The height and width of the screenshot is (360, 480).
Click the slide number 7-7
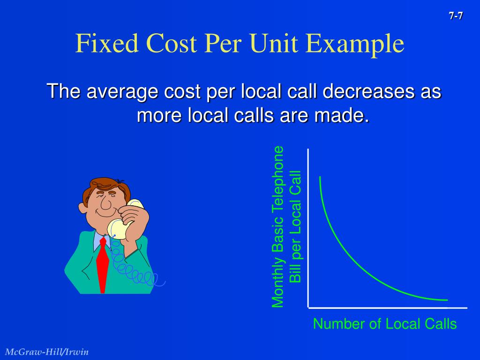(456, 16)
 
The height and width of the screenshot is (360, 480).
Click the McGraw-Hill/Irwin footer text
(47, 352)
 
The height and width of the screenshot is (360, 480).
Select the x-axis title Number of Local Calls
(385, 324)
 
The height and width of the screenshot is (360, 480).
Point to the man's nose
(106, 205)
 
